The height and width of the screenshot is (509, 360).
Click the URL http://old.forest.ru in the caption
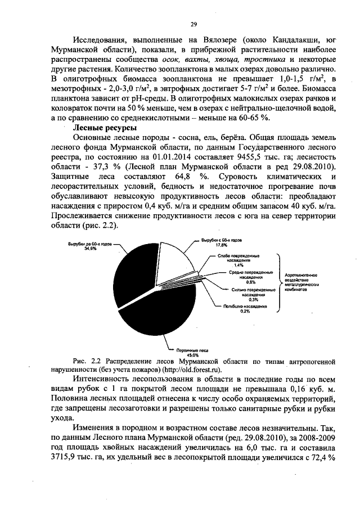coord(191,370)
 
